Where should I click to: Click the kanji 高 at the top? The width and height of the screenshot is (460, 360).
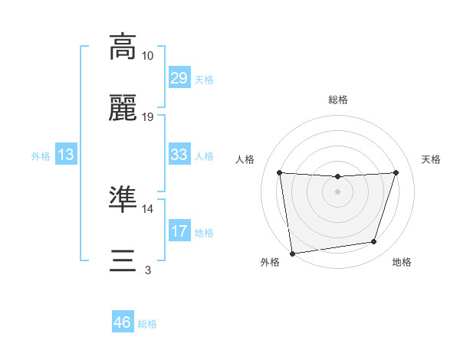[x=123, y=47]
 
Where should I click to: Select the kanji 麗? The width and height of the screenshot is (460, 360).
[x=123, y=111]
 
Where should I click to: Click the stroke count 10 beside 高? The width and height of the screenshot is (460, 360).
[x=148, y=56]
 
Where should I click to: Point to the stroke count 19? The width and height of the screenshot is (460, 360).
[x=148, y=117]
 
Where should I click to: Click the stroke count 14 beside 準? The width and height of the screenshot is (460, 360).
[x=148, y=208]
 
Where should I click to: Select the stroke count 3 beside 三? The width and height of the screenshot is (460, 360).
[x=148, y=270]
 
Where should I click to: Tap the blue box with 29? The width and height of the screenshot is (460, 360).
[x=179, y=78]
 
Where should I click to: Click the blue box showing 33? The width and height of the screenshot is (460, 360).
[x=179, y=155]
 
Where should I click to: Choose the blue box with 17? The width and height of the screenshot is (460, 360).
[x=179, y=231]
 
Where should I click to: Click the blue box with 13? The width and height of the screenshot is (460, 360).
[x=66, y=155]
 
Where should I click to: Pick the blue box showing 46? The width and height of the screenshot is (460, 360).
[x=123, y=323]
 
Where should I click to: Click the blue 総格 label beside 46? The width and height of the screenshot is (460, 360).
[x=148, y=324]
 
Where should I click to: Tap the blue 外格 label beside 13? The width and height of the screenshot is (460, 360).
[x=41, y=155]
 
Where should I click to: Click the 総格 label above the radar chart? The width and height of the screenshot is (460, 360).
[x=338, y=100]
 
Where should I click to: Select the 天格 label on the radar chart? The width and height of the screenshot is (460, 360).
[x=432, y=159]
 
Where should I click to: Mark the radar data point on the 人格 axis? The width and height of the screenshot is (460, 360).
[x=280, y=172]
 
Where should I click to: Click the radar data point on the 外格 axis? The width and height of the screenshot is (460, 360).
[x=292, y=253]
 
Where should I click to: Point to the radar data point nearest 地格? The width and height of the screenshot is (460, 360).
[x=374, y=242]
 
